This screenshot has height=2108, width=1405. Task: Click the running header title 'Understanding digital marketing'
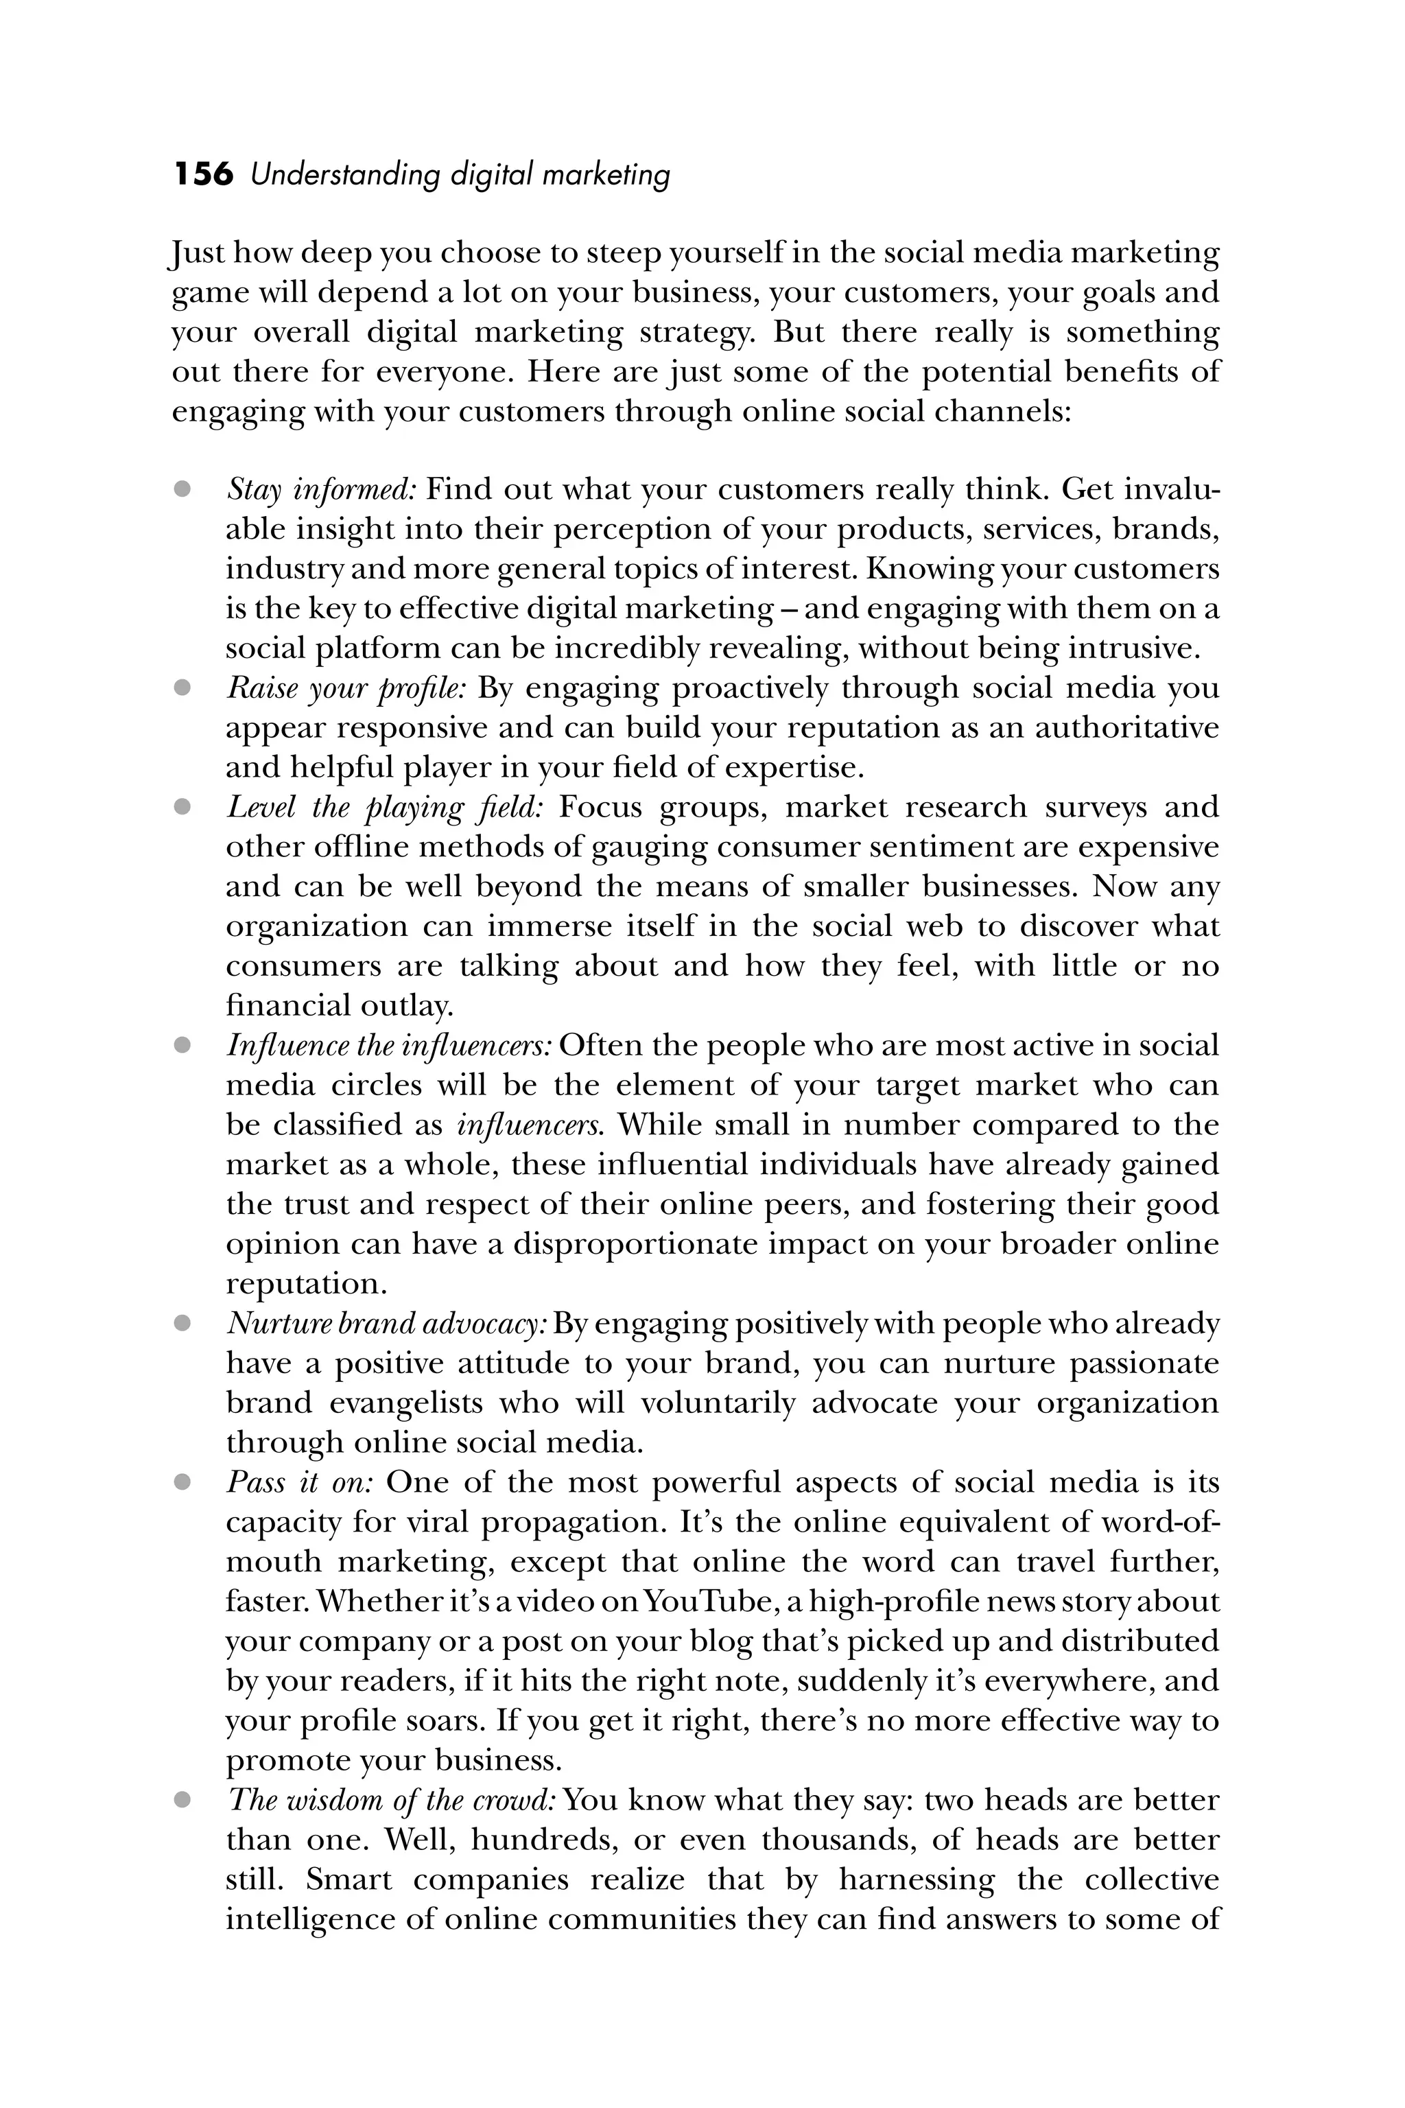click(460, 176)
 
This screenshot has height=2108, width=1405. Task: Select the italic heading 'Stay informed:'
click(321, 490)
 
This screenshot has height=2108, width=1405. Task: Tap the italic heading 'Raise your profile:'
click(346, 688)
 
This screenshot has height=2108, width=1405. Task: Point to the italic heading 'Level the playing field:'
click(386, 808)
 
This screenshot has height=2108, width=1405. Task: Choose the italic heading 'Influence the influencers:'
click(389, 1046)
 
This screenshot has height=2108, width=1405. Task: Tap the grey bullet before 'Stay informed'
click(182, 489)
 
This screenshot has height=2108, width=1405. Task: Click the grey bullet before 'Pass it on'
click(182, 1482)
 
